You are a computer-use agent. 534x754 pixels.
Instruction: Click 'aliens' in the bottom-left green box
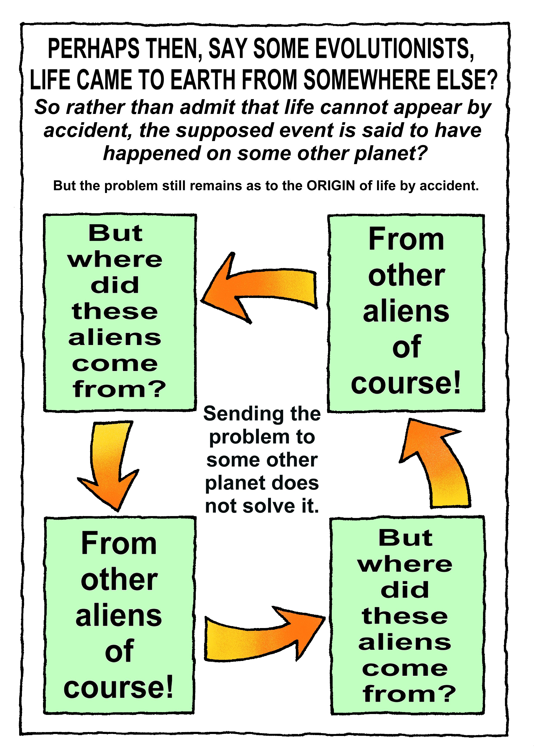(x=119, y=615)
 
